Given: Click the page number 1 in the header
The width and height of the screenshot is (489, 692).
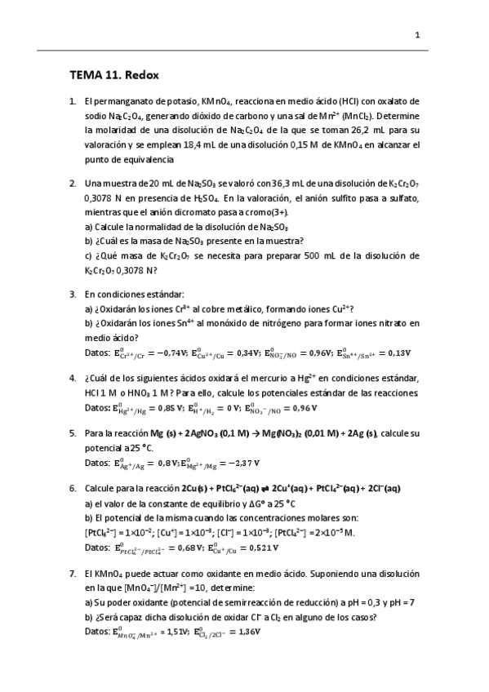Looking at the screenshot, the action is pos(417,35).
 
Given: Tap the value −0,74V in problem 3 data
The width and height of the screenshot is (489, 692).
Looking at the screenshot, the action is pos(171,353).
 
